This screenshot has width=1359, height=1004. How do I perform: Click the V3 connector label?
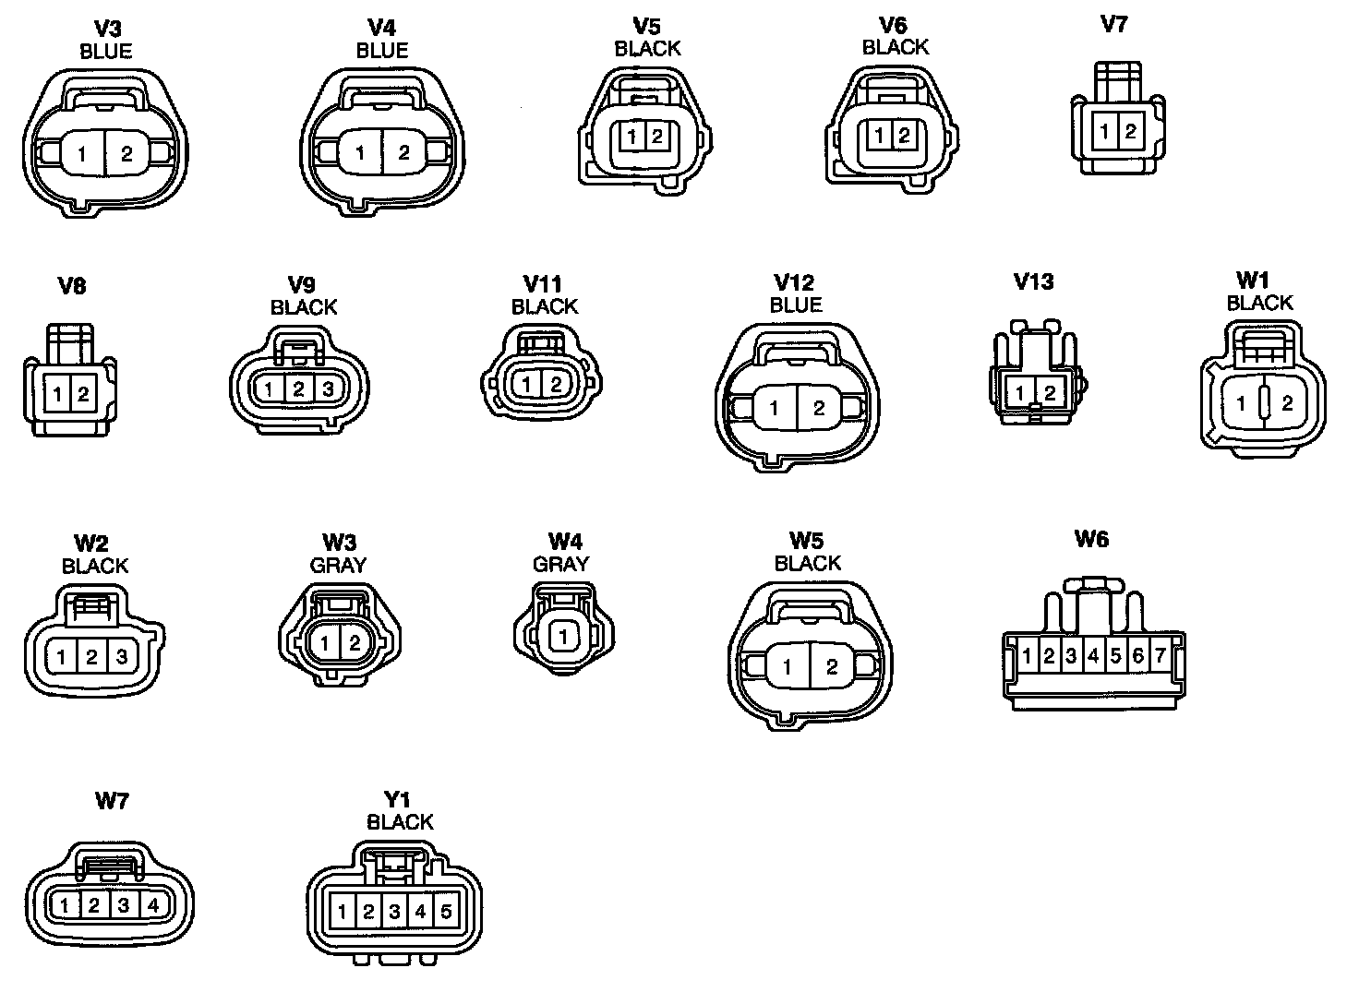108,29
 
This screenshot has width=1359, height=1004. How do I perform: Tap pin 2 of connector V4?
403,153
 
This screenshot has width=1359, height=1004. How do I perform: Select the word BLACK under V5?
647,48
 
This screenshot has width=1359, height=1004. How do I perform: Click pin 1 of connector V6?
880,137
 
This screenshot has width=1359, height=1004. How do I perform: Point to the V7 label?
1114,25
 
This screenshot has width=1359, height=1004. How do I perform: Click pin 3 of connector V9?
328,389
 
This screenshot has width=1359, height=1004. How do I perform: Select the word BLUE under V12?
795,305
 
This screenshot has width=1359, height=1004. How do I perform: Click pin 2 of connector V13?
1051,394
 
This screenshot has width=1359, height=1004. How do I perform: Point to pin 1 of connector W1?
1242,403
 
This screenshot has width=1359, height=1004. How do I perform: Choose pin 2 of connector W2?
91,658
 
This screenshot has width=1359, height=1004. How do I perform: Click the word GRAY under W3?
338,565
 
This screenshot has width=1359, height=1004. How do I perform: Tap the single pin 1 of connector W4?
563,636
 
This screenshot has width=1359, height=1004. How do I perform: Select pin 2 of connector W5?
832,667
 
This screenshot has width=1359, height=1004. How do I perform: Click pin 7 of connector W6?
1161,656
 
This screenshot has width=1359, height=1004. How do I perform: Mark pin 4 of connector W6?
1093,656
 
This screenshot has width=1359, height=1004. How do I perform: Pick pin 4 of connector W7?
153,905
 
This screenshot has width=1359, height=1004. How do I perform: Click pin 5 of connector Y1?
446,912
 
